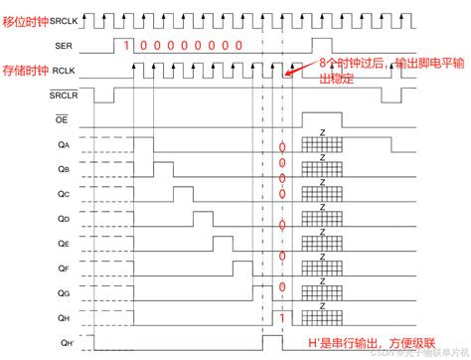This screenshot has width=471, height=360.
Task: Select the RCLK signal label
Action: tap(68, 70)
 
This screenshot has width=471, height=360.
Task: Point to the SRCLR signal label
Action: tap(65, 95)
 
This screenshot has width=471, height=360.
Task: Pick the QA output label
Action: tap(65, 145)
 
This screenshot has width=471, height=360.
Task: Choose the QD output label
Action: tap(65, 218)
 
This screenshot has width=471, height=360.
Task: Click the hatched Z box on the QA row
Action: tap(320, 145)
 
